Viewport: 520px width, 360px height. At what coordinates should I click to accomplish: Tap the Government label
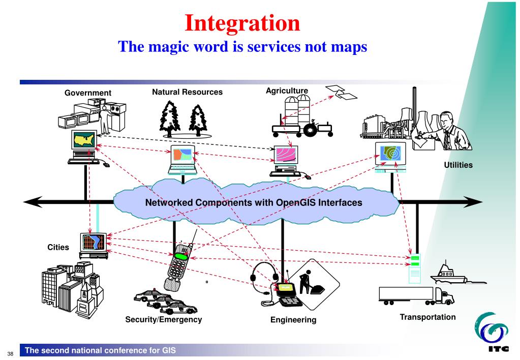click(87, 93)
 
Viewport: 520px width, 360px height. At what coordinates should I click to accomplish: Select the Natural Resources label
click(187, 92)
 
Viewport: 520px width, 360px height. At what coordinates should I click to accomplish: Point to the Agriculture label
click(287, 91)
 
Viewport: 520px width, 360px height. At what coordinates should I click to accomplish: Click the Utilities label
click(458, 165)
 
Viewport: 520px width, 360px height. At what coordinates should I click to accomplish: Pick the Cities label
click(58, 248)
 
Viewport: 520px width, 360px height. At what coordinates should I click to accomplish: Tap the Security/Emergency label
click(163, 319)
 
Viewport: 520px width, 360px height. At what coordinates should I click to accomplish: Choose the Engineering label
click(293, 320)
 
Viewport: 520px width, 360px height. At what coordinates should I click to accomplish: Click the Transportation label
click(427, 317)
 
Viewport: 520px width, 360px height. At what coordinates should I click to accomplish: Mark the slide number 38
click(9, 351)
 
